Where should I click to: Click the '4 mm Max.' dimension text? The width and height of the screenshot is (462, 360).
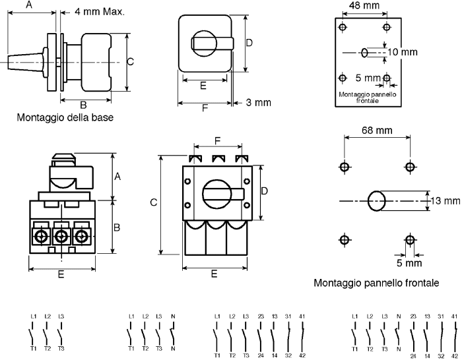pyautogui.click(x=100, y=12)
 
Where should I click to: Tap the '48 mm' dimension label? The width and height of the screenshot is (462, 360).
pyautogui.click(x=364, y=5)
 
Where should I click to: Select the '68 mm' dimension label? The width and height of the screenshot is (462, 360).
pyautogui.click(x=377, y=130)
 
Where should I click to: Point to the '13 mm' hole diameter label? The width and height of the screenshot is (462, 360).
pyautogui.click(x=445, y=200)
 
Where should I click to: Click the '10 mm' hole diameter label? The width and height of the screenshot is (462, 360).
pyautogui.click(x=403, y=52)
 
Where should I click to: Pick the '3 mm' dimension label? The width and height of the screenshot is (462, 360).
pyautogui.click(x=259, y=102)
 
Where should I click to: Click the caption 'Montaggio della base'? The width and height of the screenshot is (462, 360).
pyautogui.click(x=65, y=117)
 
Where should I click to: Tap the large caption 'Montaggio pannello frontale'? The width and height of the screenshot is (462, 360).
pyautogui.click(x=376, y=283)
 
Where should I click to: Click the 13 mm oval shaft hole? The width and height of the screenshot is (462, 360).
pyautogui.click(x=377, y=200)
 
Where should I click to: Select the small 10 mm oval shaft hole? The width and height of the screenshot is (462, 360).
pyautogui.click(x=364, y=53)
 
